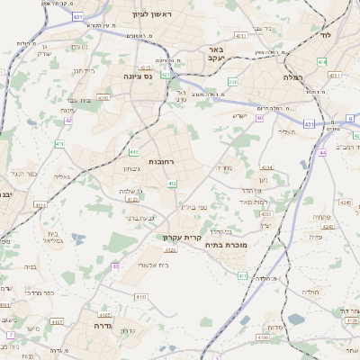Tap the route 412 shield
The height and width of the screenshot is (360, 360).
coord(172,184)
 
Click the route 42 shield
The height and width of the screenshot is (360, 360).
coord(68,120)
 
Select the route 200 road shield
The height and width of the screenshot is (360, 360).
coord(232,82)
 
